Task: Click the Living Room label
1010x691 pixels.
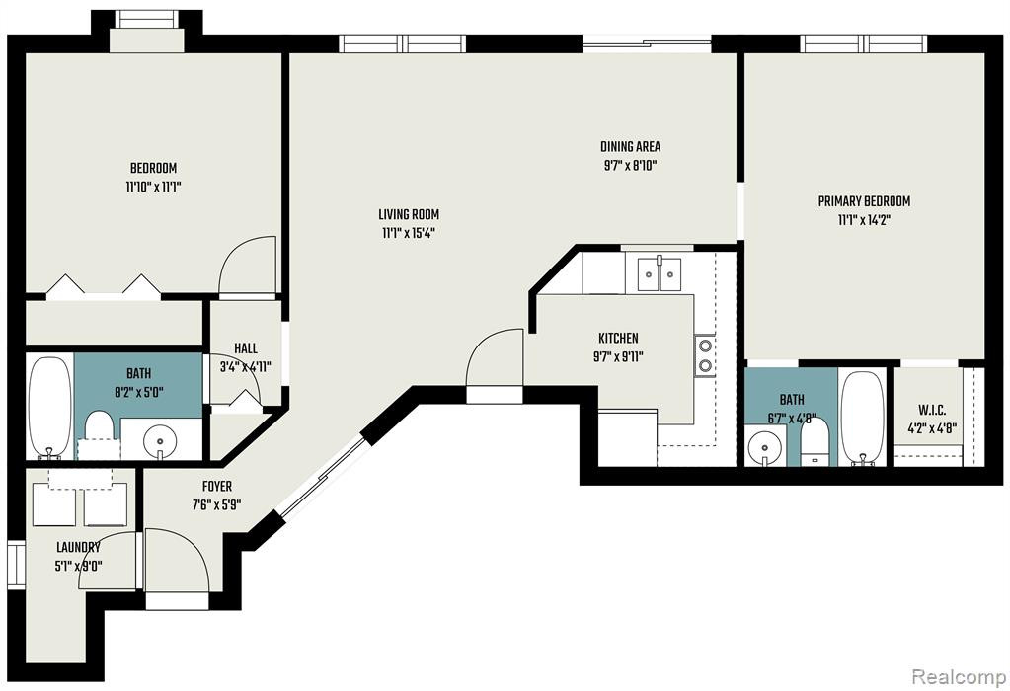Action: tap(409, 214)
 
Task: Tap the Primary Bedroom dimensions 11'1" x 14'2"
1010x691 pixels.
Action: tap(865, 220)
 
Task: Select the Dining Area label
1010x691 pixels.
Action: tap(631, 146)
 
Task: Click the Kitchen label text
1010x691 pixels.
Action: tap(618, 338)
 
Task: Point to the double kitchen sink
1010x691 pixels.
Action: tap(660, 274)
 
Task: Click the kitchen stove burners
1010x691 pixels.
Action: tap(705, 355)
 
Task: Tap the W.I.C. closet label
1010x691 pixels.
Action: tap(932, 411)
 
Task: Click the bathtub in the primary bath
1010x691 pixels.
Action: tap(863, 418)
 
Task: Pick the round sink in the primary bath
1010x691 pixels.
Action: tap(765, 445)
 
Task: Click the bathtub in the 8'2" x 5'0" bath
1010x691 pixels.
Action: tap(50, 407)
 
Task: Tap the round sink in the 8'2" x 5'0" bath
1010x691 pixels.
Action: tap(158, 441)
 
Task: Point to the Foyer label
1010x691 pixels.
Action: tap(217, 487)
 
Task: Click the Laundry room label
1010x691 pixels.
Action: tap(79, 548)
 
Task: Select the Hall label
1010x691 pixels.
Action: tap(246, 348)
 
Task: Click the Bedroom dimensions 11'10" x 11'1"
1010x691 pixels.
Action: tap(153, 188)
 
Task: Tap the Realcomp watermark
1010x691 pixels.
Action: tap(959, 677)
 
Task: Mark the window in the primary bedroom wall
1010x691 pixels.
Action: tap(864, 43)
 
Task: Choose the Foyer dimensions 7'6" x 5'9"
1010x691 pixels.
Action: tap(216, 504)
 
